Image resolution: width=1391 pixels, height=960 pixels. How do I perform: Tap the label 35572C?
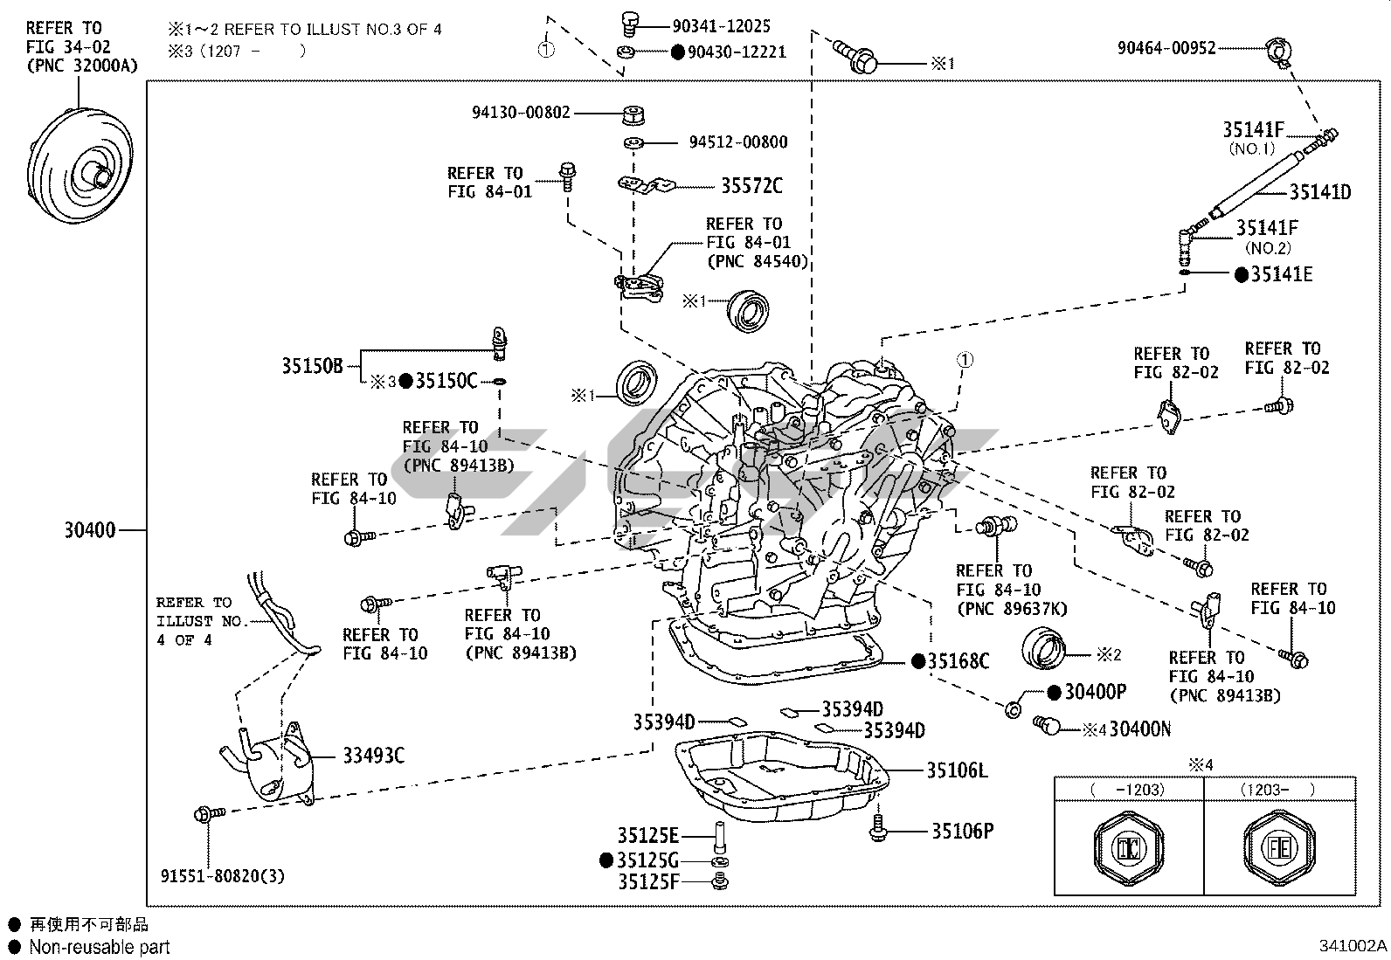tap(751, 186)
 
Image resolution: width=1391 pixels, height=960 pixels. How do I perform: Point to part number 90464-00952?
tap(1166, 48)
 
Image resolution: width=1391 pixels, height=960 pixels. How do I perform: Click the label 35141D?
tap(1320, 192)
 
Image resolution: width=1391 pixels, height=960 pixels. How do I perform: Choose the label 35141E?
tap(1282, 274)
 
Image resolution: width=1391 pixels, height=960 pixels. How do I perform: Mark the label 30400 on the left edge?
tap(89, 529)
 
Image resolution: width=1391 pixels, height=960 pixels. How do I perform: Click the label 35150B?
tap(312, 365)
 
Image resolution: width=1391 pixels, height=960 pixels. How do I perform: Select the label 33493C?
tap(373, 756)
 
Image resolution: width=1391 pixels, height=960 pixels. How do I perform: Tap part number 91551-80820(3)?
tap(223, 875)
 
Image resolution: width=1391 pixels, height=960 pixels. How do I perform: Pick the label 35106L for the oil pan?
tap(957, 770)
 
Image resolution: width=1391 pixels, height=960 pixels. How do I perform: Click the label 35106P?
tap(962, 831)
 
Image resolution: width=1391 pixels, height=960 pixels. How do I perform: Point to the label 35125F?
tap(648, 881)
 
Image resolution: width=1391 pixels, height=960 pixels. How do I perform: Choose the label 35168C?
tap(958, 661)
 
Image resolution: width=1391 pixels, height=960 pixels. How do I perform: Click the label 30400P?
tap(1096, 692)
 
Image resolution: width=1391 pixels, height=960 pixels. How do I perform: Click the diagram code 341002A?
tap(1353, 946)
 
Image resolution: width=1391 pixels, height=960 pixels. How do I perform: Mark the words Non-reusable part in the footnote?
tap(100, 947)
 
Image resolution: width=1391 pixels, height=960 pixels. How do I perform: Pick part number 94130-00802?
tap(521, 113)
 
